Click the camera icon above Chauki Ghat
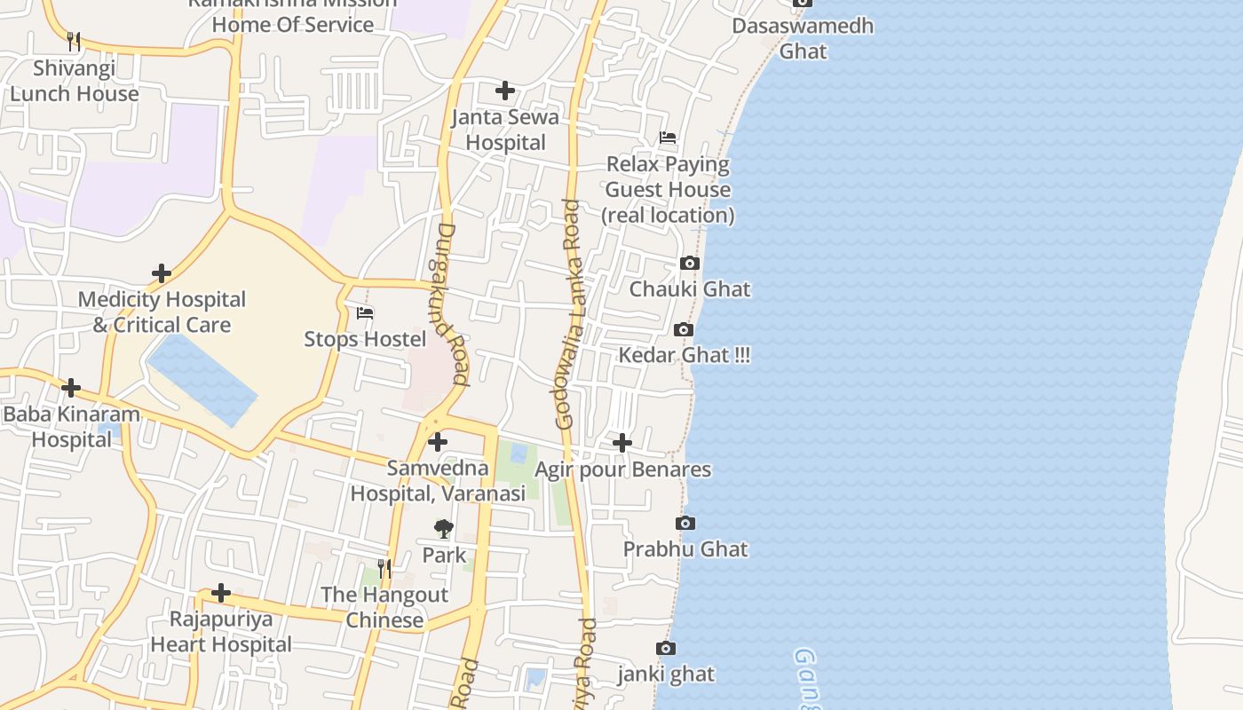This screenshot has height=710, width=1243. click(x=690, y=264)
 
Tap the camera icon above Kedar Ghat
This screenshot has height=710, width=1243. click(x=683, y=330)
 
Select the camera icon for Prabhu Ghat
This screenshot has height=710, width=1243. click(x=685, y=524)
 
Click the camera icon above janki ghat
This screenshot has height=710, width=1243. click(x=665, y=649)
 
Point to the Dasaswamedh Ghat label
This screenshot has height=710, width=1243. click(x=803, y=38)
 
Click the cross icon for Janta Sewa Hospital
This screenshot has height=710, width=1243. click(x=505, y=91)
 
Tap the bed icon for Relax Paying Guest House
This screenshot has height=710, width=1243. click(x=668, y=138)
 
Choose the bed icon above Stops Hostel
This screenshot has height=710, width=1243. click(x=365, y=313)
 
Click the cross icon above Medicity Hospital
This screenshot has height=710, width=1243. click(x=162, y=273)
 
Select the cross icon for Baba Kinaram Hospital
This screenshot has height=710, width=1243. click(x=71, y=388)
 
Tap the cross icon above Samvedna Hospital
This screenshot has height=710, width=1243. click(x=438, y=441)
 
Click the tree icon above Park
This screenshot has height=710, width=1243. click(x=444, y=529)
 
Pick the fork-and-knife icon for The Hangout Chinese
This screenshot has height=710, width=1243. click(x=384, y=568)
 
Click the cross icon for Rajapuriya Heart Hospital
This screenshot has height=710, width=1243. click(x=221, y=593)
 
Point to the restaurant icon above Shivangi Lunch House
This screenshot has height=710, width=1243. click(x=74, y=41)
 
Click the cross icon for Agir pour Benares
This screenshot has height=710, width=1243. click(x=622, y=442)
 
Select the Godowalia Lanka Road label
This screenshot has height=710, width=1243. click(x=570, y=315)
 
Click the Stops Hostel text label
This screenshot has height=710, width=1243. click(x=365, y=339)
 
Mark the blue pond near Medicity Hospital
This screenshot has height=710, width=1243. click(x=202, y=380)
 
